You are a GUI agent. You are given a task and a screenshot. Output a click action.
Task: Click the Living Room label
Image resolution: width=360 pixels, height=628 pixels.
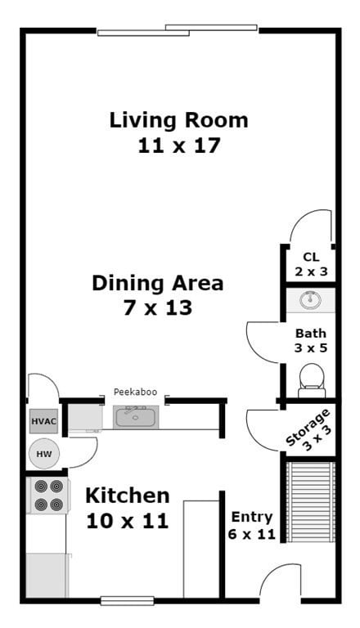[178, 120]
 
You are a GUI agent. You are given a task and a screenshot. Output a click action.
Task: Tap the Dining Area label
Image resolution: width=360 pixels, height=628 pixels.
[157, 284]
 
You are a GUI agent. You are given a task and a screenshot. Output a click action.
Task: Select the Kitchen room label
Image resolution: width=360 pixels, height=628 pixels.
[128, 496]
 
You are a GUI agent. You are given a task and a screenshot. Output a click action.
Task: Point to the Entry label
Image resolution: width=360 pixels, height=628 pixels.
[251, 517]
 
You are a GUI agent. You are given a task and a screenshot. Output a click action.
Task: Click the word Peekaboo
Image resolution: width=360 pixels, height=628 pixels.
[135, 392]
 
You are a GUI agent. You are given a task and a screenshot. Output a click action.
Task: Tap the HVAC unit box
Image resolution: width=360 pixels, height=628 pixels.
[43, 422]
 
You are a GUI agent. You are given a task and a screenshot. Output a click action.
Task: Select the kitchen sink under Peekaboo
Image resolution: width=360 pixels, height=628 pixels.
[135, 418]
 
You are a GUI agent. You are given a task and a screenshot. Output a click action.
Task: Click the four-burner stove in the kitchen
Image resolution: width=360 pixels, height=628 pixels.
[47, 496]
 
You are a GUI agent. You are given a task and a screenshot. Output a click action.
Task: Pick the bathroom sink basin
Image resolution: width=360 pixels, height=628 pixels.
[310, 300]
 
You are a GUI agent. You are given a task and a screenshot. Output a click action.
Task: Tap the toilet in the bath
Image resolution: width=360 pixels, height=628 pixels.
[311, 379]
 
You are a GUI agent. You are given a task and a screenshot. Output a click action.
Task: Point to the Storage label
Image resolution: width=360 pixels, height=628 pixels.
[310, 427]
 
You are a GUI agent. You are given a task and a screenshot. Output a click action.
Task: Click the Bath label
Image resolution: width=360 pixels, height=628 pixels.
[310, 333]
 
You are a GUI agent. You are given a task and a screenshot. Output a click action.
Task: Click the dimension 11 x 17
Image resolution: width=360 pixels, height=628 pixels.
[178, 146]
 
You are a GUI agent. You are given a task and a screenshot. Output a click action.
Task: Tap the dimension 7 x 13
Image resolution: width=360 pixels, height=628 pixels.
[157, 308]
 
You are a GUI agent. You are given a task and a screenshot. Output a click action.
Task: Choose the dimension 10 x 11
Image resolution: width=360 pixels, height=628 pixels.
[128, 520]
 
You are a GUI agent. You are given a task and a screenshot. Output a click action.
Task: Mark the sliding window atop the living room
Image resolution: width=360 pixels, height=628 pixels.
[178, 31]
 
